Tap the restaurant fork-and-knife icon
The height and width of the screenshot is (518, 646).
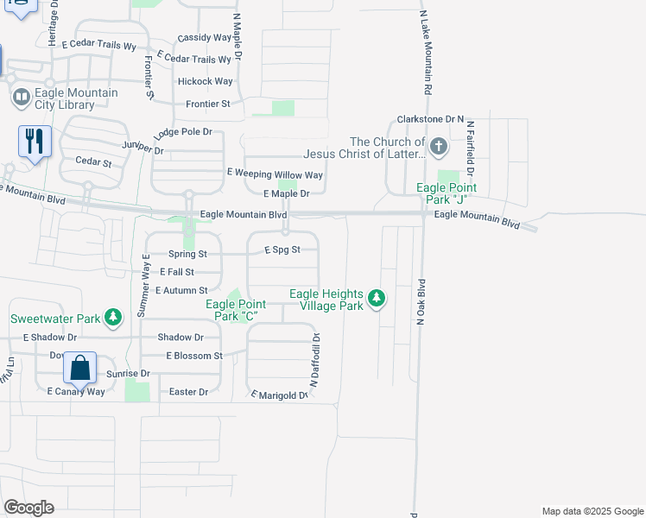coord(35,141)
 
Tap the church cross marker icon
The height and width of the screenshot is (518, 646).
coord(438,147)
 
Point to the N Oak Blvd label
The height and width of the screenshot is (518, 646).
coord(422,301)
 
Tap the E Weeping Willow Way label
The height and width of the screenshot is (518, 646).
coord(275,174)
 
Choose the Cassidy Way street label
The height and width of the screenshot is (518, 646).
coord(205,38)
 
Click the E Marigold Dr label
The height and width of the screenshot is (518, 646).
coord(279,395)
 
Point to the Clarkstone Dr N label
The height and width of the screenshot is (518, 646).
coord(430,118)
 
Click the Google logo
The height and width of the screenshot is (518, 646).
coord(28,508)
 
